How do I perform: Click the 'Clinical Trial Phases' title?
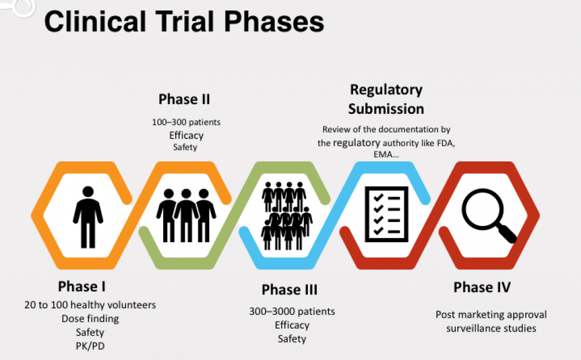(x=184, y=22)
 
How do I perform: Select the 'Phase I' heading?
(x=81, y=286)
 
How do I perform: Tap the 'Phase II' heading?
(x=184, y=99)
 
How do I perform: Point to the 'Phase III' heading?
(x=289, y=289)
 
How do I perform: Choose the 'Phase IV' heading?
(x=482, y=287)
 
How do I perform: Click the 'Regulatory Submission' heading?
(x=386, y=99)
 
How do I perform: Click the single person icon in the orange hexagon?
(x=88, y=217)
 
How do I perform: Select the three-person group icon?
(x=186, y=215)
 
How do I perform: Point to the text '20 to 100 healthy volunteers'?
(x=90, y=304)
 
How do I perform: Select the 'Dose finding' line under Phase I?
(x=90, y=318)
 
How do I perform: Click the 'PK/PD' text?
(x=90, y=346)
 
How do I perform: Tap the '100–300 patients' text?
(x=186, y=123)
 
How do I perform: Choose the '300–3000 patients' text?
(x=292, y=312)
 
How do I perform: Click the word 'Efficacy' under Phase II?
(x=186, y=135)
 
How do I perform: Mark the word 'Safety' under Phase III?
(x=292, y=339)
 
